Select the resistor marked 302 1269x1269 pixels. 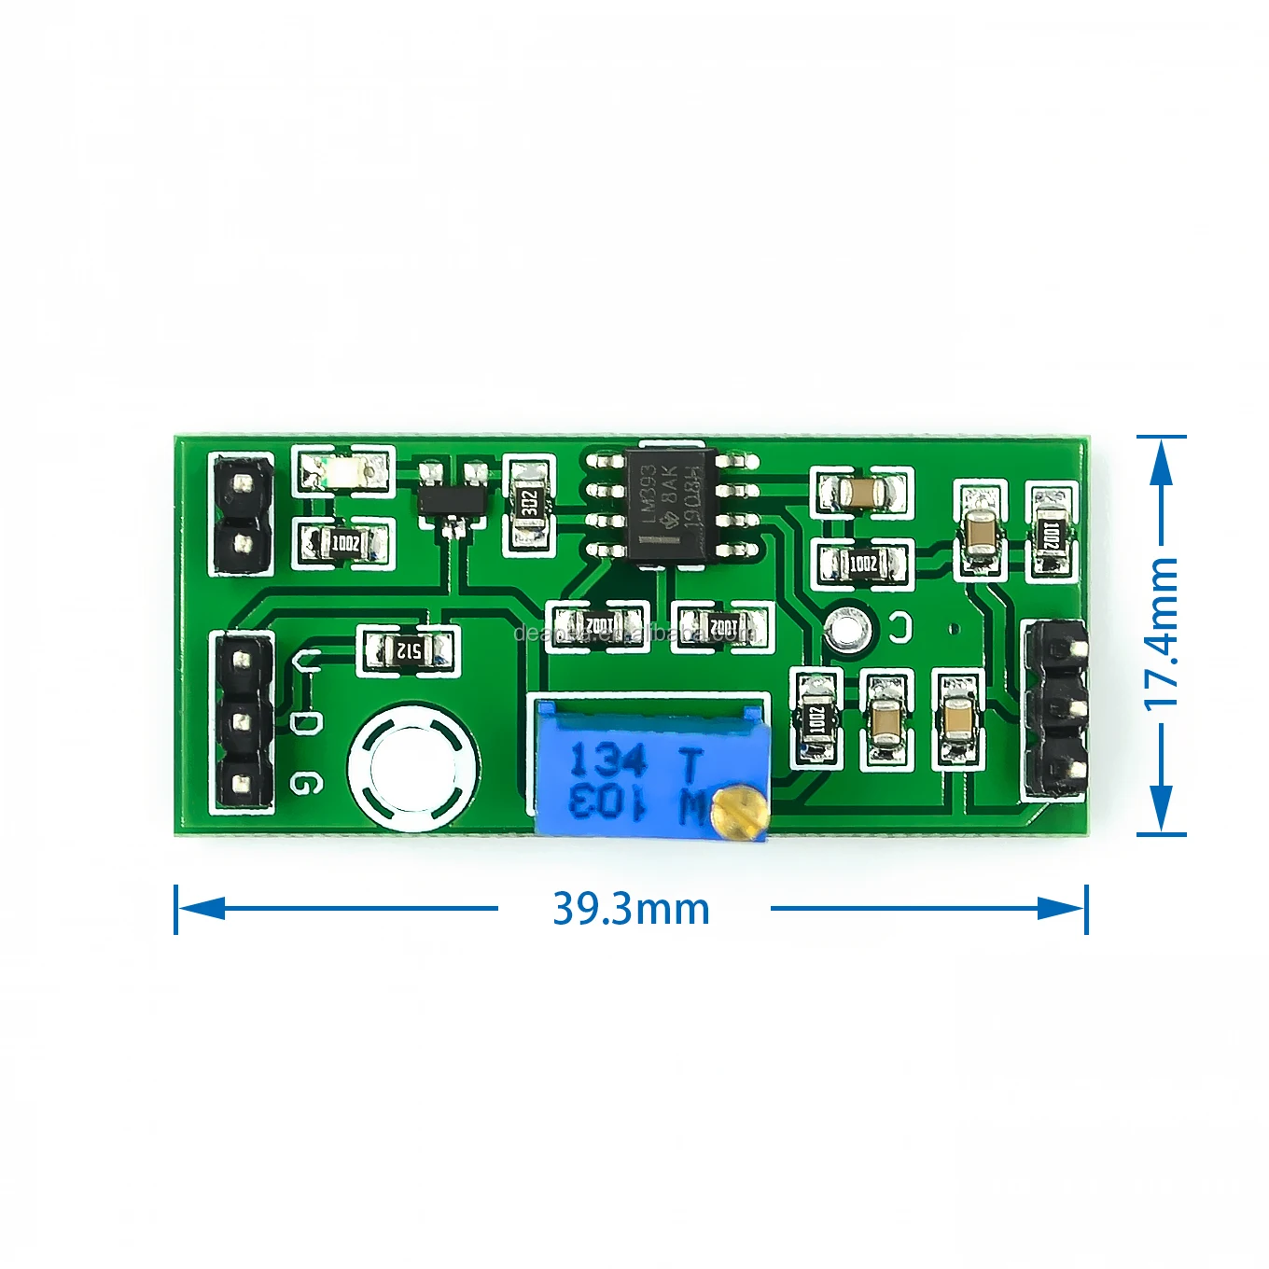pyautogui.click(x=529, y=504)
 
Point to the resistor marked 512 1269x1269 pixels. pyautogui.click(x=408, y=650)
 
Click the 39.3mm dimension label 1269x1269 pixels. pyautogui.click(x=632, y=909)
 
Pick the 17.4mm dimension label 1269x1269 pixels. pyautogui.click(x=1162, y=634)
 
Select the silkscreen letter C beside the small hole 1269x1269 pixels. pyautogui.click(x=901, y=627)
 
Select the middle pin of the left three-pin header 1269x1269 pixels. pyautogui.click(x=243, y=721)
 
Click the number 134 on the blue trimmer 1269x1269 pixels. pyautogui.click(x=608, y=760)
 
